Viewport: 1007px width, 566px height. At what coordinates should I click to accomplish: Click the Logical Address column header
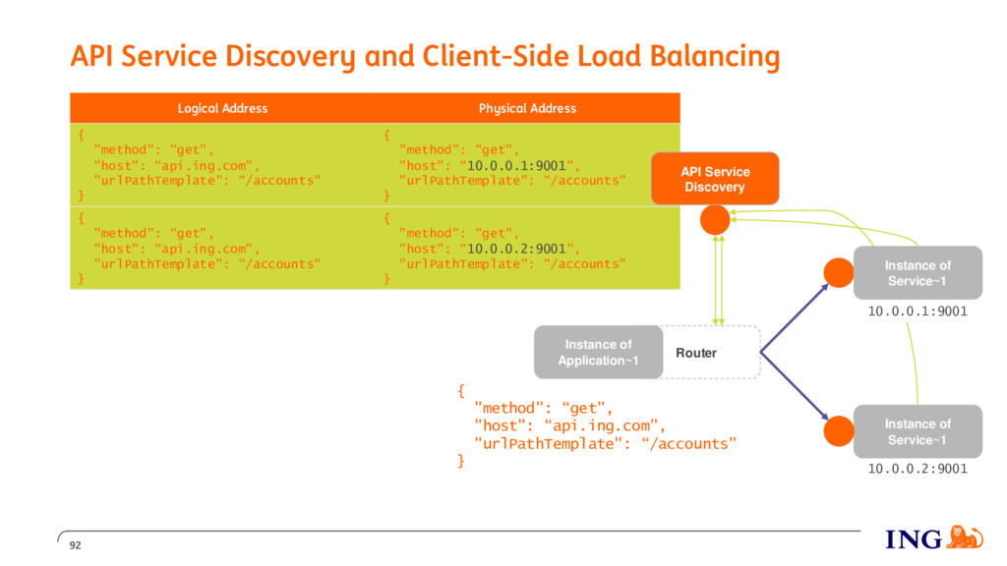222,108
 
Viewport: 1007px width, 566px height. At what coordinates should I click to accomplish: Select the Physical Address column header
527,108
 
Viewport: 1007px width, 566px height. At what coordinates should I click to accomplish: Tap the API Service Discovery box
715,179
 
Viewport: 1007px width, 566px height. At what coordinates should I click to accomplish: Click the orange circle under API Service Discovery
715,220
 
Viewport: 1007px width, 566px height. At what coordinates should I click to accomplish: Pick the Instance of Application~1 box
599,353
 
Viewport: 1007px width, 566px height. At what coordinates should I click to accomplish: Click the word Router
696,353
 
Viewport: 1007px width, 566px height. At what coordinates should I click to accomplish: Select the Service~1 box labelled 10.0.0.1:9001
918,273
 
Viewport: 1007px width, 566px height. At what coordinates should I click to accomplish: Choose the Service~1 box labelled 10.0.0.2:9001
918,431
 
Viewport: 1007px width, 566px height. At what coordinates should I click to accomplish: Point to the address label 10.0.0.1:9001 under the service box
918,311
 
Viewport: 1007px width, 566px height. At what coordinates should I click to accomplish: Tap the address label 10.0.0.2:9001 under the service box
918,469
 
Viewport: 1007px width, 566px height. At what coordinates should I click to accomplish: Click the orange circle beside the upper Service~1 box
839,273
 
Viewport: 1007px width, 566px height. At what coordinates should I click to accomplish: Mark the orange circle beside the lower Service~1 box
839,431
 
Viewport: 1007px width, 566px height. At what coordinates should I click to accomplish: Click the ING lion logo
966,538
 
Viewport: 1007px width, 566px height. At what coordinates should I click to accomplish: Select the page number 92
75,545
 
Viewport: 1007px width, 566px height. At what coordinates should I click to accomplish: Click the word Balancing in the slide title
715,56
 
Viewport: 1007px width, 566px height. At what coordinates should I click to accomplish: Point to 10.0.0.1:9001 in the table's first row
516,165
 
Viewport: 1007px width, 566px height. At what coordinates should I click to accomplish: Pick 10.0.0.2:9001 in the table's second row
516,249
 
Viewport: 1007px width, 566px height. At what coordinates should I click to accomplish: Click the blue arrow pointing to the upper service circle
795,317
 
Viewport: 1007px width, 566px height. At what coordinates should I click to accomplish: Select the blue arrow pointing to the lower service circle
795,386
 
